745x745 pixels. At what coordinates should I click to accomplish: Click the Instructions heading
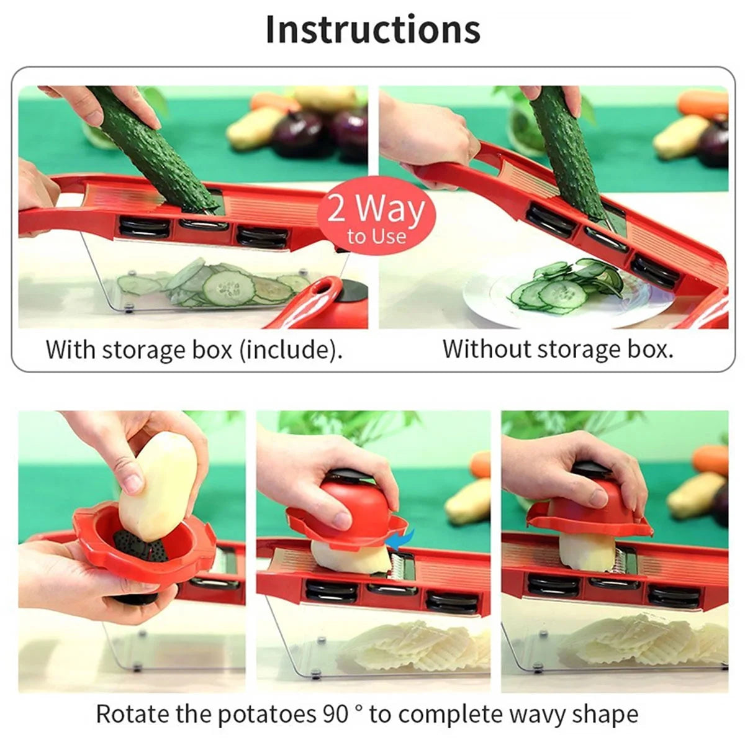[x=372, y=30]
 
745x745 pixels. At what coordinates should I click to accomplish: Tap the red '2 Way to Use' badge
[x=376, y=215]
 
